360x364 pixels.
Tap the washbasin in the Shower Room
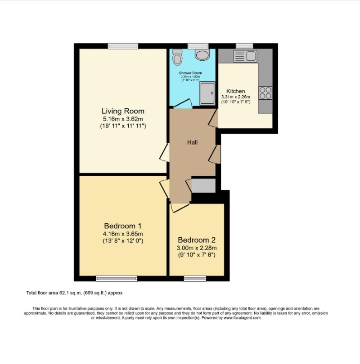tap(202, 54)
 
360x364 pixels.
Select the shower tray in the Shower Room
tap(208, 93)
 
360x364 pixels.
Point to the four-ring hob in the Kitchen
tap(265, 92)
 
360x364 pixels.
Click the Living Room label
tap(123, 111)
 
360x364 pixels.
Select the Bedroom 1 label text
tap(123, 226)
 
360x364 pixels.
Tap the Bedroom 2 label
tap(197, 240)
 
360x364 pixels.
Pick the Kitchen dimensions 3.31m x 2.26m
tap(235, 97)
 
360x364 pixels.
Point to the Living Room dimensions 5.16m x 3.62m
tap(123, 119)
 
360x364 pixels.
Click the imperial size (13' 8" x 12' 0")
tap(123, 241)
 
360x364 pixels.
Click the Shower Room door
tap(183, 104)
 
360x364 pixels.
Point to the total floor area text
tap(74, 293)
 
